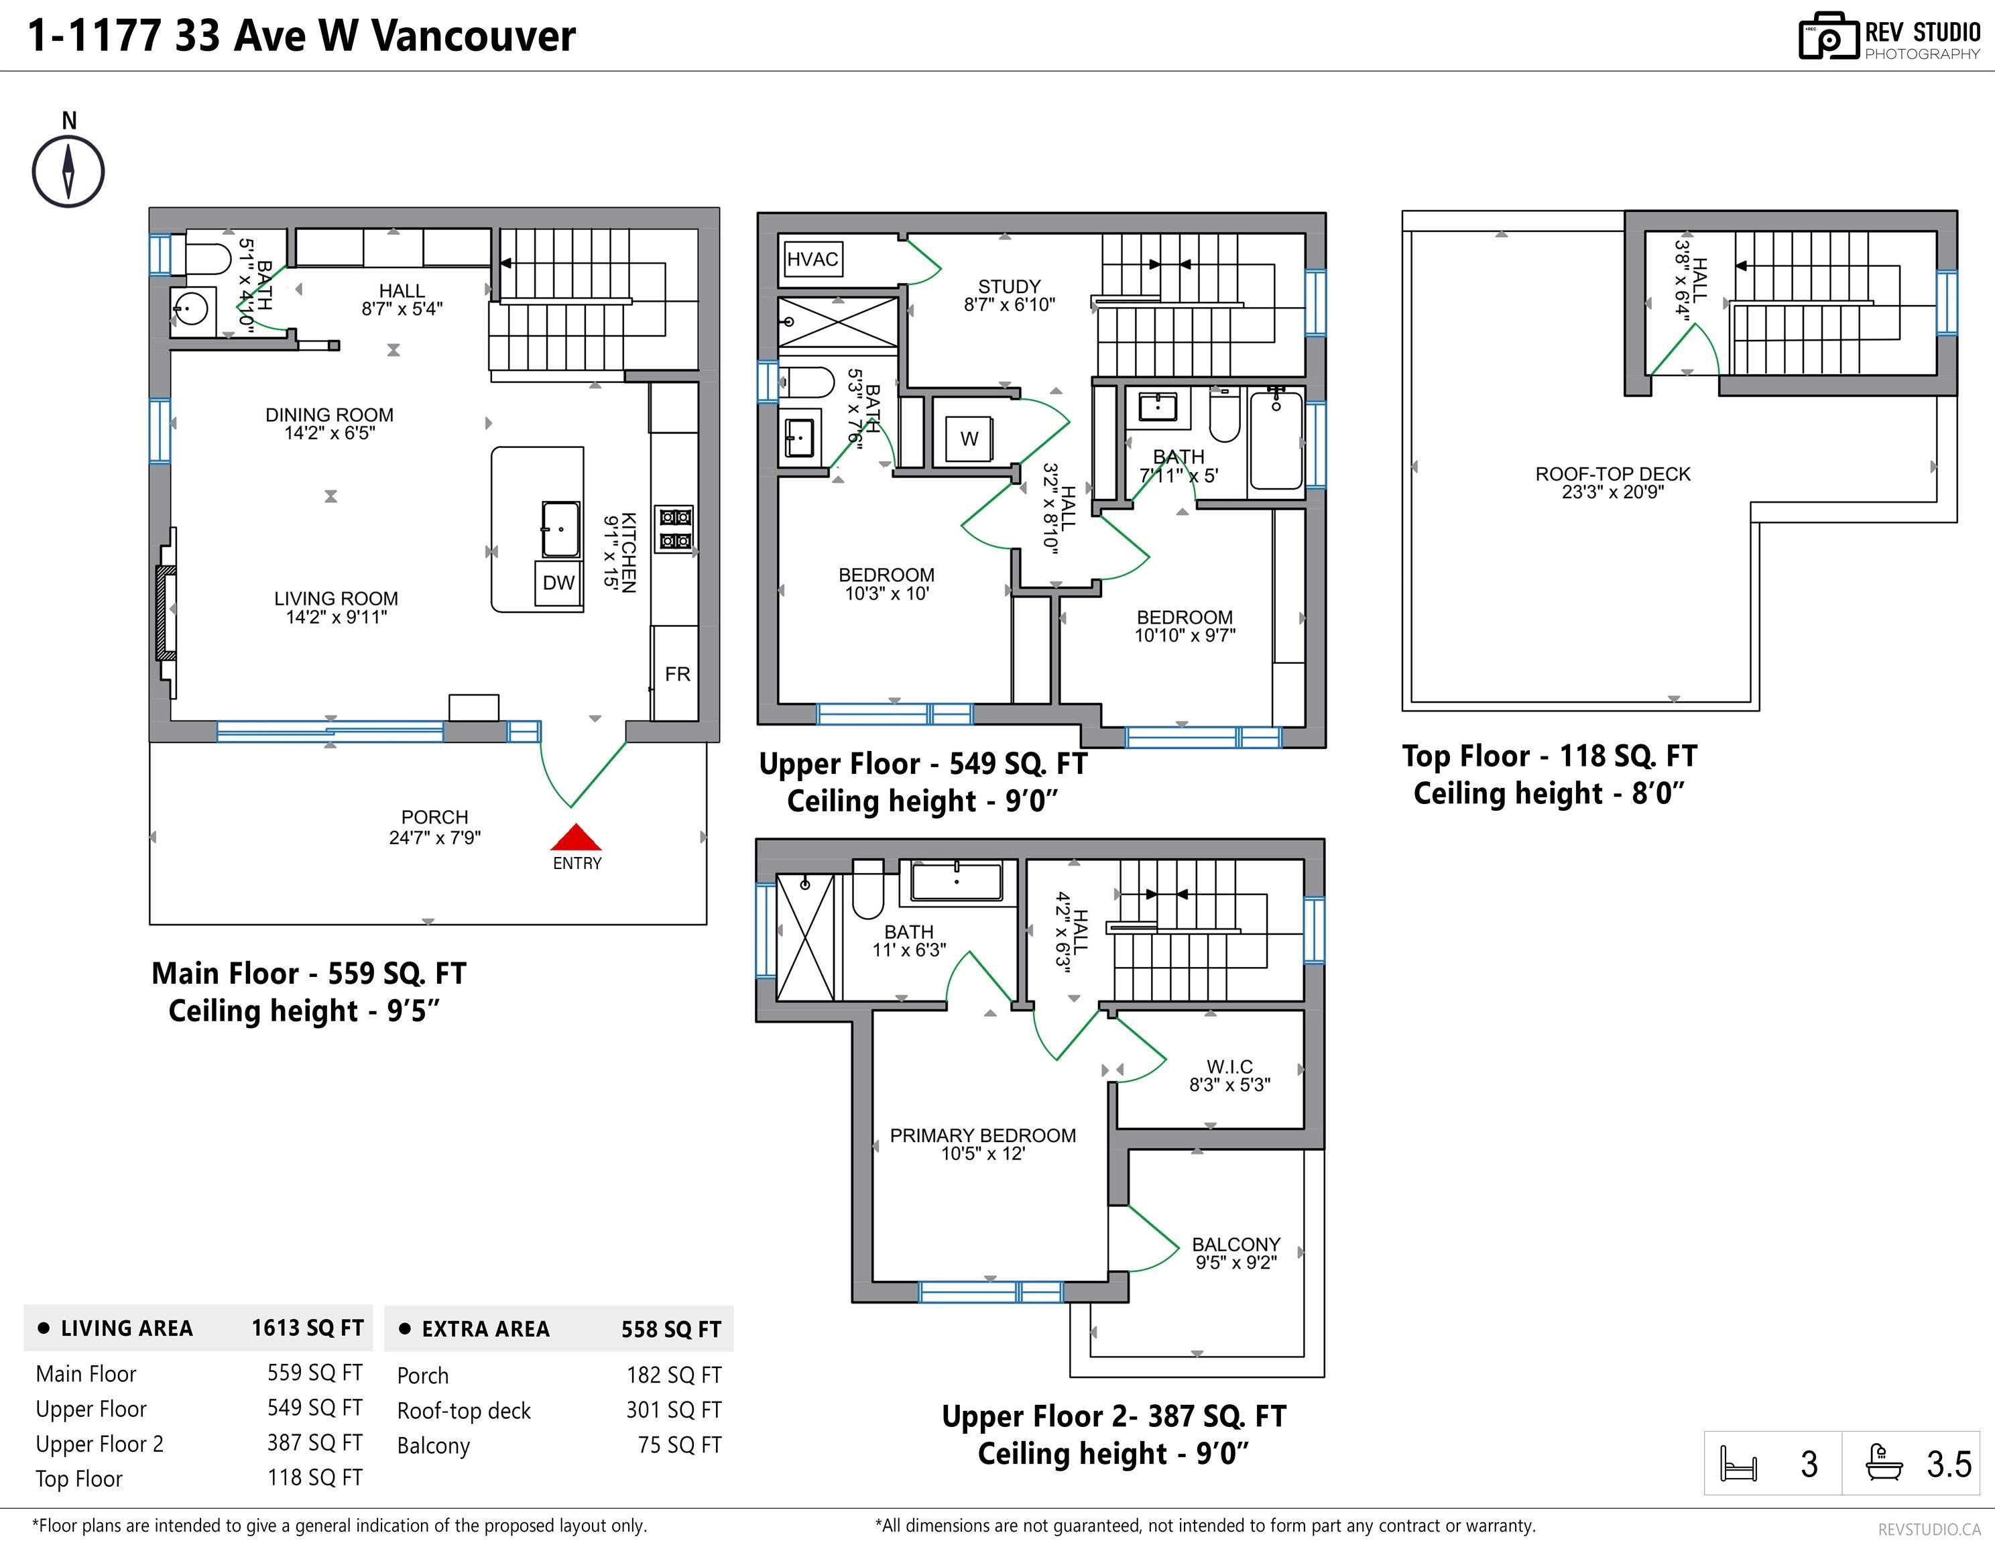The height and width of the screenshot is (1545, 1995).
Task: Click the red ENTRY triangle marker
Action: [x=575, y=838]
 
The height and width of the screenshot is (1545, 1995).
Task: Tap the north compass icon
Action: [x=68, y=171]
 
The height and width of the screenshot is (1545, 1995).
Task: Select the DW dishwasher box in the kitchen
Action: [x=558, y=583]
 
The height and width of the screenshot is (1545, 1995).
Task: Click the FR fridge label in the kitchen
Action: [x=678, y=675]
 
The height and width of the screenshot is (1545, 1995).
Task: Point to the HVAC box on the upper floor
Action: [x=812, y=260]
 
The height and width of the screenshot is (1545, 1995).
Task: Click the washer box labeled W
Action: [x=969, y=439]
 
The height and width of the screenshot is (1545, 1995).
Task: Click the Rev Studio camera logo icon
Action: [x=1829, y=37]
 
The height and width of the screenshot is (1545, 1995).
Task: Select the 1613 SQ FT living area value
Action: [x=308, y=1328]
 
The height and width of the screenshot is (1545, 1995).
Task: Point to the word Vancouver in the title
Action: [x=474, y=37]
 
